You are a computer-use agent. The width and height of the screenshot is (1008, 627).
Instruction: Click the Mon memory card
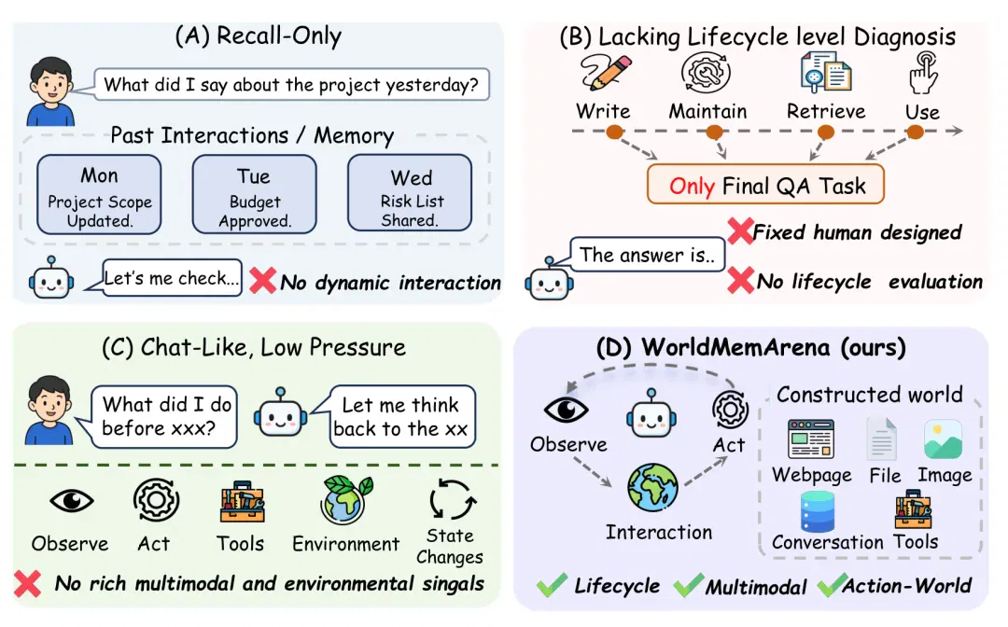click(x=99, y=195)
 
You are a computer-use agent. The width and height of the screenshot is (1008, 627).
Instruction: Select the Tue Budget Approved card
click(x=254, y=195)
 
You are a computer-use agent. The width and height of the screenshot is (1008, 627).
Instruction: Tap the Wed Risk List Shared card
click(x=410, y=193)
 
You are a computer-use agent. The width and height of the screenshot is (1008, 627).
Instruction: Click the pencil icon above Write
click(x=606, y=73)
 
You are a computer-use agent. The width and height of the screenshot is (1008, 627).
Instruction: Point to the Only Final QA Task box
click(x=765, y=185)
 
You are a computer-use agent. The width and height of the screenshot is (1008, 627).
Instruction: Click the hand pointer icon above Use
click(x=924, y=73)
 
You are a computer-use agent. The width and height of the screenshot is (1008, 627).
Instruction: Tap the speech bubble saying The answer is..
click(x=648, y=255)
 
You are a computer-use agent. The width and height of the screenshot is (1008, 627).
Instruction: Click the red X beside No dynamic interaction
click(x=262, y=280)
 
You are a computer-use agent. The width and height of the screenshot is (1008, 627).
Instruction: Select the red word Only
click(x=692, y=187)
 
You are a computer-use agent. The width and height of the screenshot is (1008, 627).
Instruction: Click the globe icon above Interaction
click(x=652, y=488)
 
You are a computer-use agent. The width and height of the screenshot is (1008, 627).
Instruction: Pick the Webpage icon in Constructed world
click(x=811, y=439)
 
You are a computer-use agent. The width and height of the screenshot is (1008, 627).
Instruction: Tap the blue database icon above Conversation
click(x=818, y=512)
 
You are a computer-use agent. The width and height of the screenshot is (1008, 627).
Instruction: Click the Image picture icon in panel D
click(x=943, y=439)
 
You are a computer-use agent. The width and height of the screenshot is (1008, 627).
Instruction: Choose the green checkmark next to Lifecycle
click(x=553, y=585)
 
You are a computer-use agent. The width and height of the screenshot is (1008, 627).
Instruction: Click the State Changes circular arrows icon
click(x=452, y=499)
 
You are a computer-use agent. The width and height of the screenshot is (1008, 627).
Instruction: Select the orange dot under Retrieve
click(x=826, y=132)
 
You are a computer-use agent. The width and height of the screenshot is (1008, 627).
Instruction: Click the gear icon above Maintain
click(x=706, y=73)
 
